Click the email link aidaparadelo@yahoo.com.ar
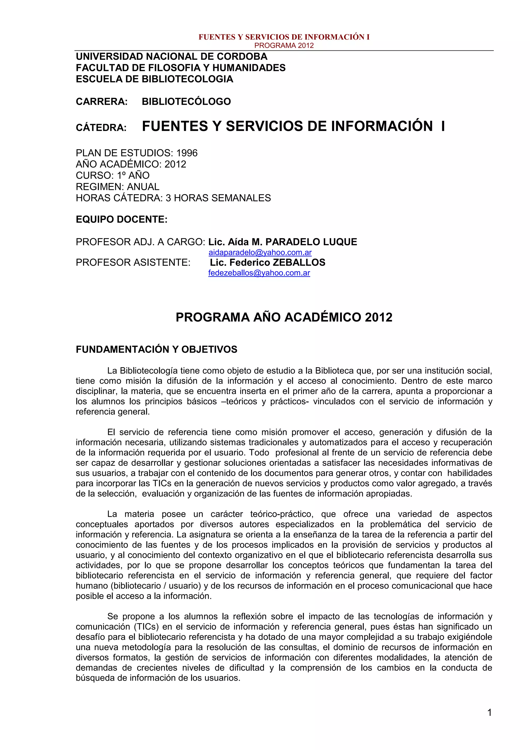tap(260, 253)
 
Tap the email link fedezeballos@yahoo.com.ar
tap(259, 273)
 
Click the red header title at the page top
tap(284, 37)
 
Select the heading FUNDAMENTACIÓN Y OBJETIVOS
tap(156, 350)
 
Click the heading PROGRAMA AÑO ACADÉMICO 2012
tap(284, 318)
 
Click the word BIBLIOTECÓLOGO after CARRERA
tap(186, 102)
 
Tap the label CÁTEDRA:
tap(101, 128)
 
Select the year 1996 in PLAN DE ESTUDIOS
tap(187, 153)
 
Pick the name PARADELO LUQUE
tap(311, 242)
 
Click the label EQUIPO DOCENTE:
tap(121, 219)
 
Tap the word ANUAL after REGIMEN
tap(143, 187)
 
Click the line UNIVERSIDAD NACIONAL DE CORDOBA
tap(171, 56)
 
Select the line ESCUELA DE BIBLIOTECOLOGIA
tap(154, 79)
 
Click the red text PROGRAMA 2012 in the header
tap(284, 45)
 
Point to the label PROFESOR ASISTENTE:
tap(133, 262)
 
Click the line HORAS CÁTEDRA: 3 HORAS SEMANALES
tap(173, 198)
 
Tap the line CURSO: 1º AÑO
tap(113, 175)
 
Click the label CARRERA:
tap(101, 102)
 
